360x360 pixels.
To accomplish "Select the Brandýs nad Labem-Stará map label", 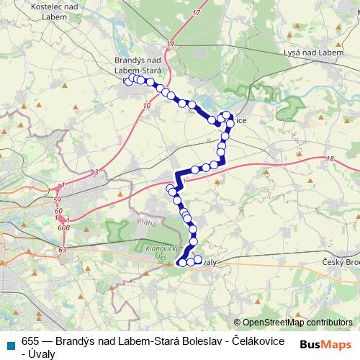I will click(x=141, y=65).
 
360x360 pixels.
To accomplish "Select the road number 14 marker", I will click(x=170, y=45).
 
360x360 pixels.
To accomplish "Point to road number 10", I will click(x=147, y=105).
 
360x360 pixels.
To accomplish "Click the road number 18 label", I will click(x=330, y=160).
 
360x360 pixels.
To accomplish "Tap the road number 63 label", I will click(x=63, y=249).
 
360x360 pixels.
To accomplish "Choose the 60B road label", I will click(x=66, y=225).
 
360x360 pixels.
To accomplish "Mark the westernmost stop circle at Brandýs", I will click(x=127, y=81).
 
